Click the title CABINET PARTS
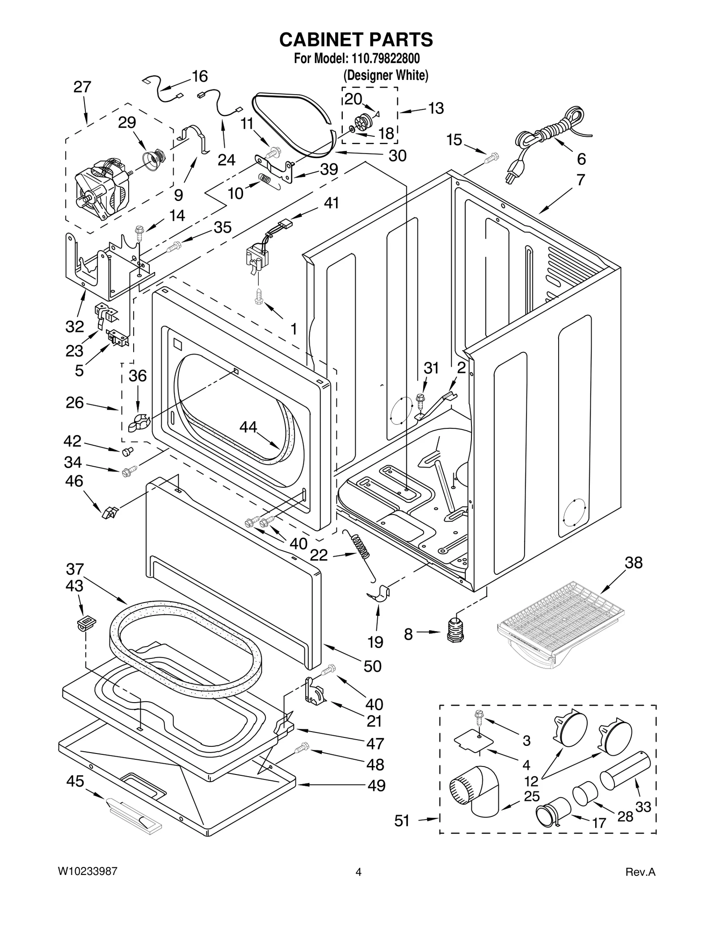click(356, 40)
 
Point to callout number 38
click(633, 563)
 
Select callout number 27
click(82, 87)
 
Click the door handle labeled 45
click(133, 817)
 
